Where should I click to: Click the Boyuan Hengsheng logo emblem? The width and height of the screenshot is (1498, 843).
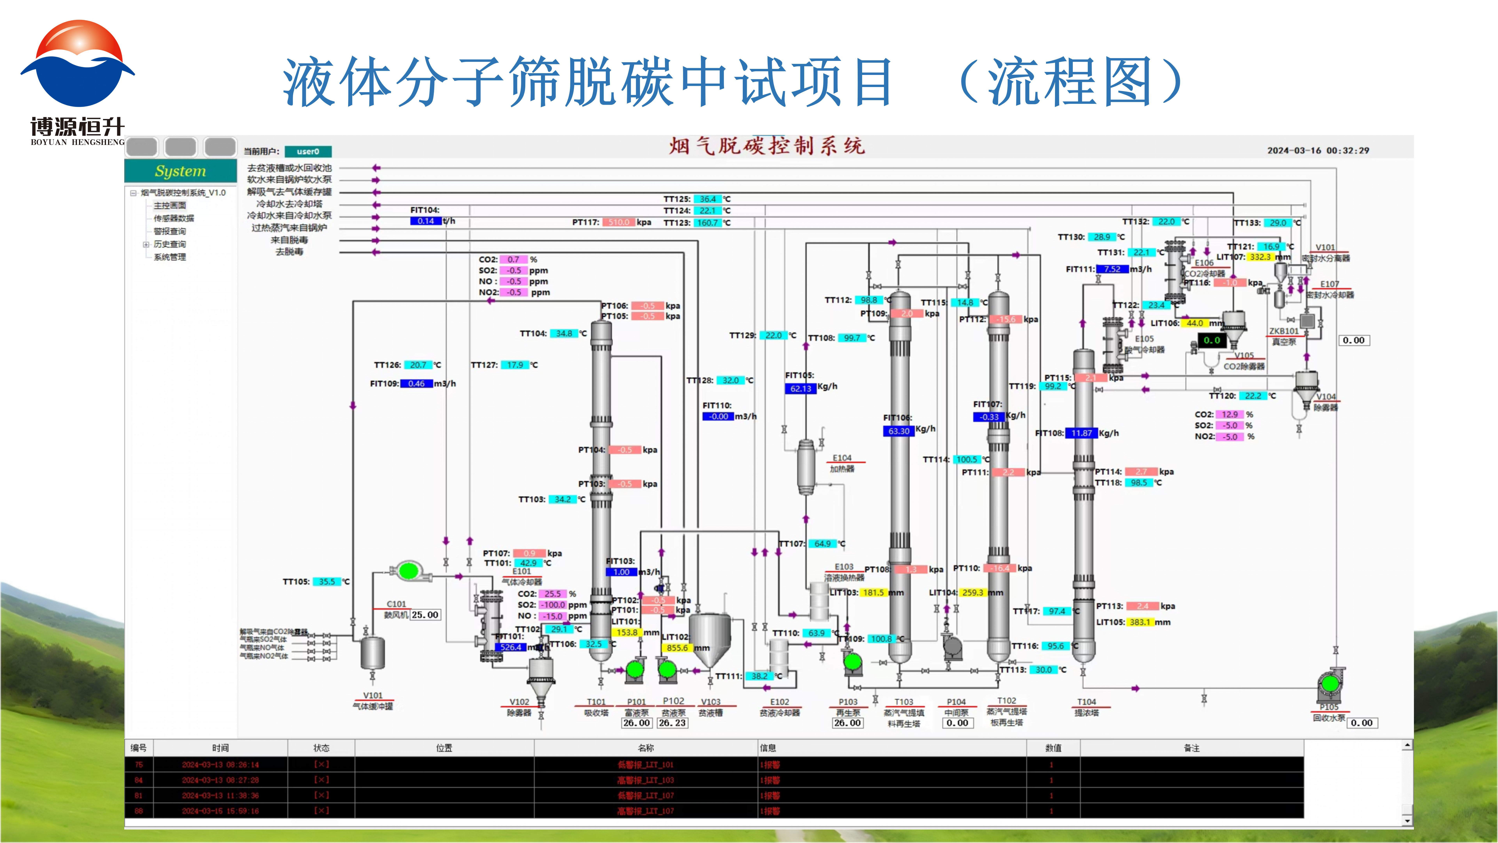pyautogui.click(x=77, y=64)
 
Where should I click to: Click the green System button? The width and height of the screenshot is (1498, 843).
pyautogui.click(x=180, y=171)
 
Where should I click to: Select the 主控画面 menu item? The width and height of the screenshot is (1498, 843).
pyautogui.click(x=170, y=205)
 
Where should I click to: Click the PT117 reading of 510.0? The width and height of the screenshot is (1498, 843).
pyautogui.click(x=619, y=222)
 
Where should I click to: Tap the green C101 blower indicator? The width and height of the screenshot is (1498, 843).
pyautogui.click(x=409, y=571)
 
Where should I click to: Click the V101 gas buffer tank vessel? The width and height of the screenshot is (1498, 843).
pyautogui.click(x=372, y=653)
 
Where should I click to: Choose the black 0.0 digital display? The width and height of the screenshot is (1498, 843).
pyautogui.click(x=1212, y=340)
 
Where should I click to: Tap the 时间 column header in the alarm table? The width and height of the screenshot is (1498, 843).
pyautogui.click(x=220, y=748)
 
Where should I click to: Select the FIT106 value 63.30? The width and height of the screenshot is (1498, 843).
pyautogui.click(x=898, y=431)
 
